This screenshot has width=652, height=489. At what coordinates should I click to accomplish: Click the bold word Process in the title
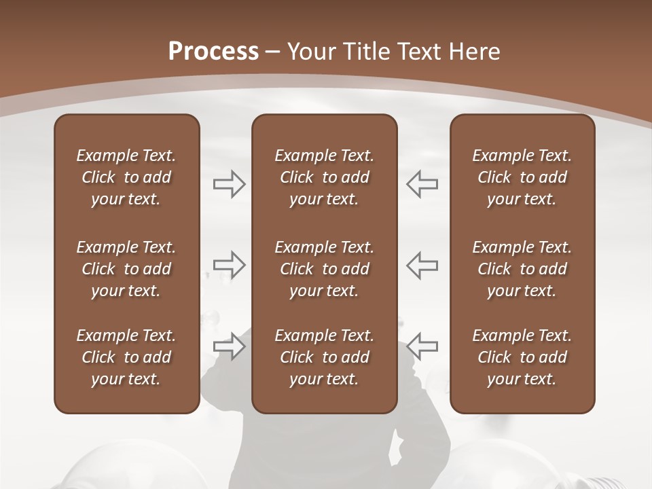tap(213, 52)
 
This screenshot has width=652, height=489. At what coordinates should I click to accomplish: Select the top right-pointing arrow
tap(229, 184)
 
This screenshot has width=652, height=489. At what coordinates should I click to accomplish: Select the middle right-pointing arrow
tap(229, 265)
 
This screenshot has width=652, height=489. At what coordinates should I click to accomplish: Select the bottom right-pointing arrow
tap(229, 346)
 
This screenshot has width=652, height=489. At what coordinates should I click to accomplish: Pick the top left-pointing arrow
tap(422, 184)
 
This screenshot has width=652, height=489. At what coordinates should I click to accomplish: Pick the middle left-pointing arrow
tap(422, 265)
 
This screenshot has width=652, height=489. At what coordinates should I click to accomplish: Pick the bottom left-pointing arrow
tap(422, 346)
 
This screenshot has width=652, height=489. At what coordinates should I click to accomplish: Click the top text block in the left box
tap(126, 177)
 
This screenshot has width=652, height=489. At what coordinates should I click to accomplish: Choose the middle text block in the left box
tap(126, 269)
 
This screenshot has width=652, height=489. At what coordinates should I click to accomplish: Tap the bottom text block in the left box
tap(126, 357)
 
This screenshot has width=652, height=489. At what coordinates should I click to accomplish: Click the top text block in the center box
tap(324, 177)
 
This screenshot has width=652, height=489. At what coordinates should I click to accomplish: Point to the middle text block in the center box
tap(324, 269)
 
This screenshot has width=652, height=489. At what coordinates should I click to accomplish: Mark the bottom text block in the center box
tap(324, 357)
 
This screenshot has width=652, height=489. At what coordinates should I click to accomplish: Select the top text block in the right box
tap(522, 177)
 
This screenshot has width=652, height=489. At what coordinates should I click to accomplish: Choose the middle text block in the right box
tap(522, 269)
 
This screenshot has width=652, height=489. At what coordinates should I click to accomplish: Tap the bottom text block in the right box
tap(522, 357)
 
